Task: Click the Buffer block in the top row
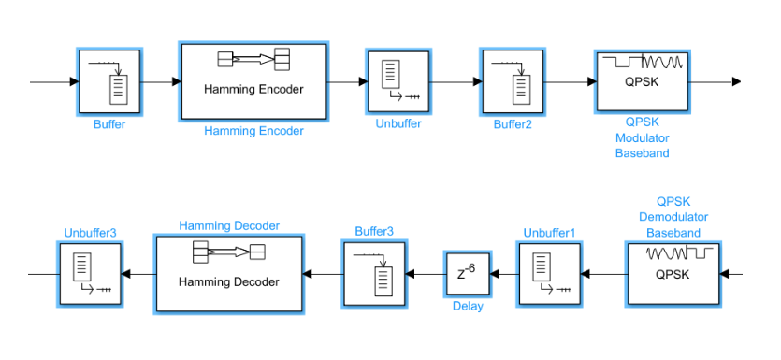click(108, 81)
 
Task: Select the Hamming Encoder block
click(253, 81)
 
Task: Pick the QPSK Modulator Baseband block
click(643, 81)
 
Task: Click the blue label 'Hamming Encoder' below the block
click(253, 131)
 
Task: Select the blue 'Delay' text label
click(468, 306)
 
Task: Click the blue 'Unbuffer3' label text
click(90, 233)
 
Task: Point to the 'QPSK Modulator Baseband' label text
click(643, 137)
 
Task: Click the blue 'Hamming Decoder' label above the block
click(229, 226)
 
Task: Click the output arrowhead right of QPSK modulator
click(736, 81)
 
